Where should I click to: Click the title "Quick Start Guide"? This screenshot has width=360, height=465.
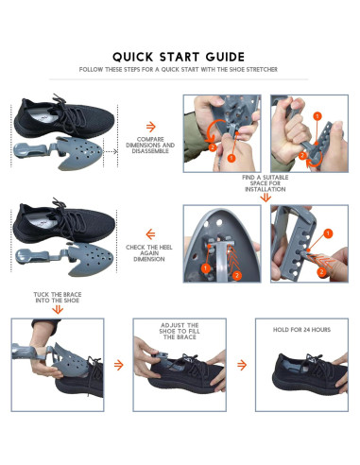click(x=180, y=56)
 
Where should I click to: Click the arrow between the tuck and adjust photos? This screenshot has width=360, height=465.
click(x=118, y=363)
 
